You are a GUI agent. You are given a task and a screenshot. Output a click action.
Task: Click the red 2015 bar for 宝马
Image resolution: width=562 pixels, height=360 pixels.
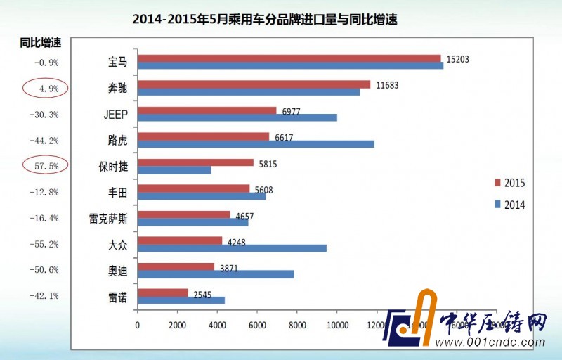click(289, 58)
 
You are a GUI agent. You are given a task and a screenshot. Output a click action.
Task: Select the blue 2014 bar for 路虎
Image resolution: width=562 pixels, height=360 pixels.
click(256, 144)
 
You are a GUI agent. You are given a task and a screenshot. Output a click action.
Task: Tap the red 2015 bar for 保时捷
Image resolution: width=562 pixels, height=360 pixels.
click(195, 162)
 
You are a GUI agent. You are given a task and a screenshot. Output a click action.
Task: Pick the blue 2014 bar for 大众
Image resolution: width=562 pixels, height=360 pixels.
click(232, 248)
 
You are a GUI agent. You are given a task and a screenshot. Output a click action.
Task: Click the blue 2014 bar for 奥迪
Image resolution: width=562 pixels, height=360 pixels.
click(216, 274)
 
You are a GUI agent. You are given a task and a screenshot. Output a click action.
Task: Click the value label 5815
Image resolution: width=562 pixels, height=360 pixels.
click(268, 163)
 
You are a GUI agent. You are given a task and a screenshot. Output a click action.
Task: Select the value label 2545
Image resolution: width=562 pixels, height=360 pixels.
click(204, 294)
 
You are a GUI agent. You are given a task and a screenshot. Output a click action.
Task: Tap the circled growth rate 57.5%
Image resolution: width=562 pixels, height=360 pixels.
click(45, 166)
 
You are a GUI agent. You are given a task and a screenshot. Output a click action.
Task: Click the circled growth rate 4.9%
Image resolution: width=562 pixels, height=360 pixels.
click(45, 88)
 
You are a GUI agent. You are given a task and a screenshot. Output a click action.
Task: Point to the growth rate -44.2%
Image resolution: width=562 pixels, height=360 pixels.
click(45, 140)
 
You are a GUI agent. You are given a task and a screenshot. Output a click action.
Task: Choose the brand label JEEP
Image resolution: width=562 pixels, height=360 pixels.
click(115, 114)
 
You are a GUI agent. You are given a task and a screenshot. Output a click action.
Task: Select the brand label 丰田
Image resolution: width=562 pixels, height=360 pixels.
click(117, 192)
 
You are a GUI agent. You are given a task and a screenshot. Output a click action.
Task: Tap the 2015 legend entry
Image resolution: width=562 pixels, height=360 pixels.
click(509, 183)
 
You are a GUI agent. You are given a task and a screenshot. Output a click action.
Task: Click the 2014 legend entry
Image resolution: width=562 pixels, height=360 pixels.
click(509, 205)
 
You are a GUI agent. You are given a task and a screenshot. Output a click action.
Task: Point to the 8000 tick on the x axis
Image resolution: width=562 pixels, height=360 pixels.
click(297, 326)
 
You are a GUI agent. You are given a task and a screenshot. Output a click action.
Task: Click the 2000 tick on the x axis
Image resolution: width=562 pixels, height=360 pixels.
click(178, 326)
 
